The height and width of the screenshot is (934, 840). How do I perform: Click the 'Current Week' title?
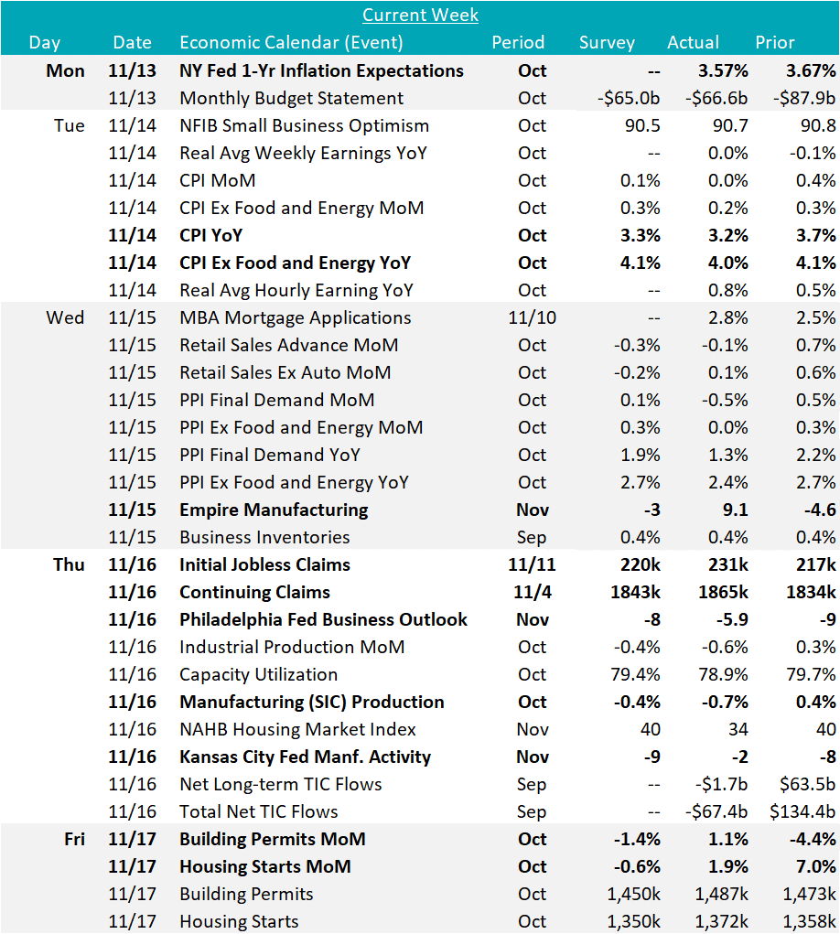point(420,15)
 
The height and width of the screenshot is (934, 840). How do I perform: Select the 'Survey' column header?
point(607,42)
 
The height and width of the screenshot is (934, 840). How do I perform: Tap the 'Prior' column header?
point(774,42)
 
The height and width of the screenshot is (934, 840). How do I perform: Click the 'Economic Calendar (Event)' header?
point(291,42)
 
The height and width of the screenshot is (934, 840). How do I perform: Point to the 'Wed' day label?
point(65,317)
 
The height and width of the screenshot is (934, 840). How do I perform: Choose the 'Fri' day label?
point(70,839)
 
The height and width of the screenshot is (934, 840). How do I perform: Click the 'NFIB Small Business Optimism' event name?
point(304,125)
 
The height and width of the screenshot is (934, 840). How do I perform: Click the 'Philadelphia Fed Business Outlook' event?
point(323,619)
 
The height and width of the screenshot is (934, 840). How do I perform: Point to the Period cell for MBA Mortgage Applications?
point(532,317)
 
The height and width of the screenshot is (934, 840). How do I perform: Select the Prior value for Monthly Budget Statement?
point(803,98)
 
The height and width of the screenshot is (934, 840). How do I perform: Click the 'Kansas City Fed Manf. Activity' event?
point(305,757)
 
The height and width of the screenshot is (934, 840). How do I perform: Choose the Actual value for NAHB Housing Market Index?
point(736,729)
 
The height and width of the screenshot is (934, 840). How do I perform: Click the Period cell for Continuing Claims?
point(532,592)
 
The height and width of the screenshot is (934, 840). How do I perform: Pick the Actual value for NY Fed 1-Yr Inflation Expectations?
point(719,70)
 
